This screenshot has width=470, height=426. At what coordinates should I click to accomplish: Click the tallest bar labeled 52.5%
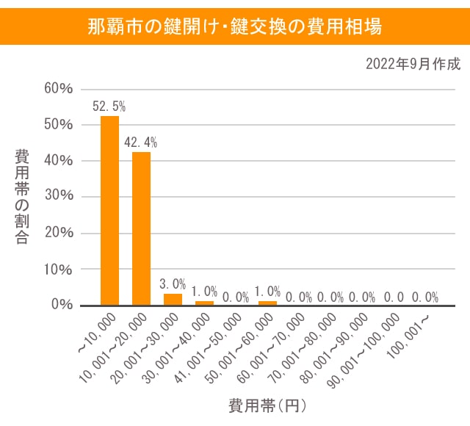pyautogui.click(x=109, y=210)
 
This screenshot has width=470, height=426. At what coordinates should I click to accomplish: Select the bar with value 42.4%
pyautogui.click(x=141, y=228)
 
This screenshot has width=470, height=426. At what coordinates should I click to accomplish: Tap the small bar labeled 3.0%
pyautogui.click(x=173, y=299)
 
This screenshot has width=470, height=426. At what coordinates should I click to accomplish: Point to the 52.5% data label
pyautogui.click(x=109, y=106)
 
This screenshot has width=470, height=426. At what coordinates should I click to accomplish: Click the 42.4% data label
pyautogui.click(x=141, y=142)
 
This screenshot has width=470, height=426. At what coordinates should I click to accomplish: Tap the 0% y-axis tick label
pyautogui.click(x=61, y=305)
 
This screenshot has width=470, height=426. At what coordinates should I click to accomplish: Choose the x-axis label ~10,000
pyautogui.click(x=97, y=331)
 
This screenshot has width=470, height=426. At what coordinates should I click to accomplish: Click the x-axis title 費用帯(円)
pyautogui.click(x=267, y=405)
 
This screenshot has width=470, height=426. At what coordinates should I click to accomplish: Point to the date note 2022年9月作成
pyautogui.click(x=413, y=64)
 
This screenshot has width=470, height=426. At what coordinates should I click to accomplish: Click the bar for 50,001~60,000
pyautogui.click(x=267, y=302)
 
